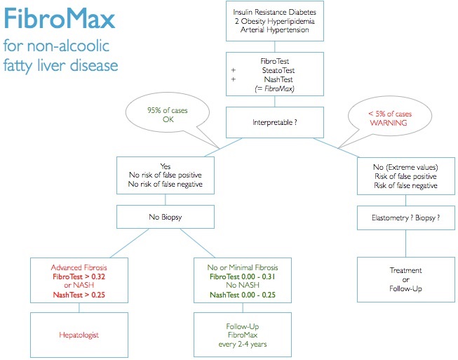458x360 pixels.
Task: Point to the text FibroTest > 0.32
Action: [x=79, y=277]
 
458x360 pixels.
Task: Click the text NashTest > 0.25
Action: [x=79, y=295]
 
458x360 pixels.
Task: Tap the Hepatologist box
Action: [x=79, y=335]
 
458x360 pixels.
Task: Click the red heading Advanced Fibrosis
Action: [x=79, y=268]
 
